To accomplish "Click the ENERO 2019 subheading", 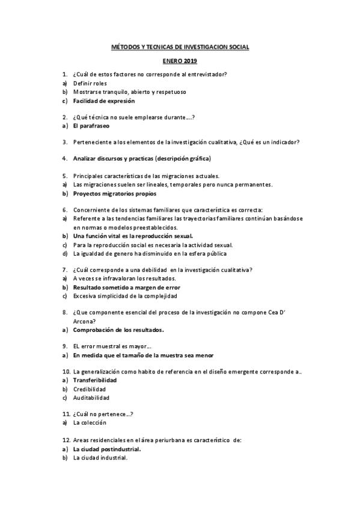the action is [180, 61].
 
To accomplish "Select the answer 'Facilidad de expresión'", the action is [104, 101].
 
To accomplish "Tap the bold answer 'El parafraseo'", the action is [91, 126].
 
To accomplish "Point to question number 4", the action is [64, 159].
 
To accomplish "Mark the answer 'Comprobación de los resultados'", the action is [118, 330].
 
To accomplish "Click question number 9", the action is [64, 346].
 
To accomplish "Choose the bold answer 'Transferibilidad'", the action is [95, 380].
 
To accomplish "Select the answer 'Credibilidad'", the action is [90, 389].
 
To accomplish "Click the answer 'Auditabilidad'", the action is [91, 398].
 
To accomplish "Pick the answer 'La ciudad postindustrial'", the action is [107, 449].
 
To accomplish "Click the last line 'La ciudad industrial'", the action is [100, 458].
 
